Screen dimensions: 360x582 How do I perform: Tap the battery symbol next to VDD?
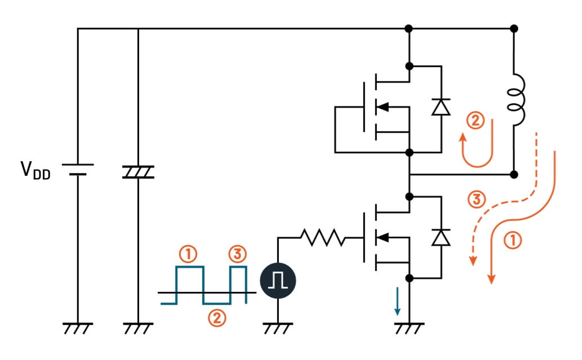[x=78, y=169]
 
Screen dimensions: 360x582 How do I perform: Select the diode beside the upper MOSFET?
[x=441, y=107]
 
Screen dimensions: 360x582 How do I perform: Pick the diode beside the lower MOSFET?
[x=441, y=237]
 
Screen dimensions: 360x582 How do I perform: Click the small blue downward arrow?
[x=398, y=301]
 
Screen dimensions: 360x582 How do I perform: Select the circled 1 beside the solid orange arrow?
[x=513, y=241]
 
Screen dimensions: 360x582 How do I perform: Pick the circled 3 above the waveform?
[x=238, y=255]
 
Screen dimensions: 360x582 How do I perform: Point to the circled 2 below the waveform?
[x=216, y=319]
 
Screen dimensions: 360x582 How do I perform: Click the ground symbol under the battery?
[x=78, y=328]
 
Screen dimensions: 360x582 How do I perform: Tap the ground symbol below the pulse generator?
[x=278, y=328]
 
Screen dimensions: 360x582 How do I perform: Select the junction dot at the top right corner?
[x=514, y=28]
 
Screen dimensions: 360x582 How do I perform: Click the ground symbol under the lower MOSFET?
[x=410, y=328]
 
